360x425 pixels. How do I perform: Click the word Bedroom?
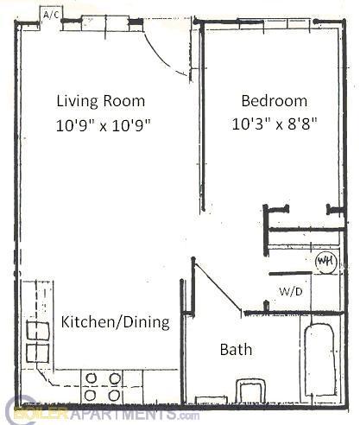[x=275, y=99]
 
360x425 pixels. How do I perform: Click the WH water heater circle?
[x=325, y=261]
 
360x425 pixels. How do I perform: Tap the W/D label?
[x=291, y=291]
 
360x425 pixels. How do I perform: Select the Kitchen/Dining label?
[x=115, y=323]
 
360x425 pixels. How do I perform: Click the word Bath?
[x=236, y=350]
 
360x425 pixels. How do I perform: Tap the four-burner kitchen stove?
[x=102, y=386]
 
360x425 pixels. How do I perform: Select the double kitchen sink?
[x=38, y=340]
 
